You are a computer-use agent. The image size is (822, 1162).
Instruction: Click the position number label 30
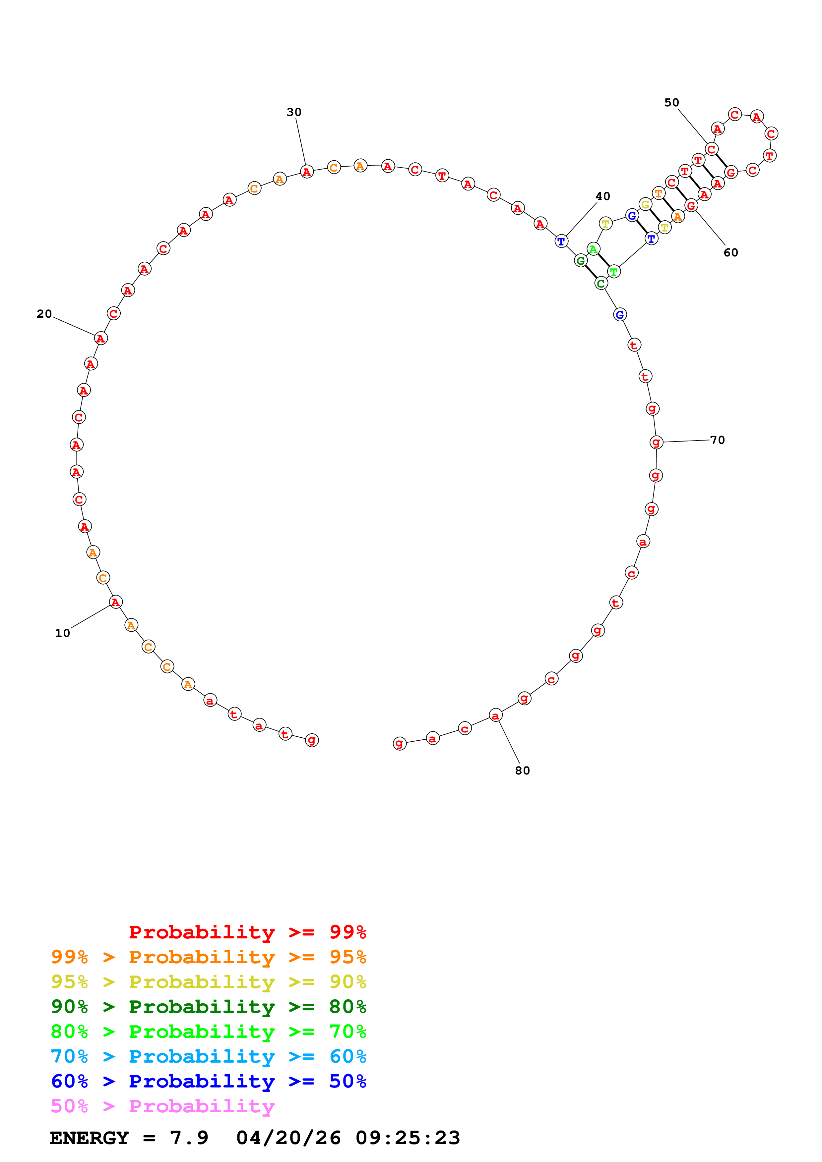click(x=294, y=112)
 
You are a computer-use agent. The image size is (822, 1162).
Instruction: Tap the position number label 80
click(x=522, y=771)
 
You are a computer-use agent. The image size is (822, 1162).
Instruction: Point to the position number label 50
click(x=671, y=103)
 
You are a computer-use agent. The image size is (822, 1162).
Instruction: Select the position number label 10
click(x=62, y=633)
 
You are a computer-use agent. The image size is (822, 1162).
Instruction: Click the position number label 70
click(x=717, y=440)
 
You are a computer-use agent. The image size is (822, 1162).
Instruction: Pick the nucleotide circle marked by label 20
click(x=101, y=339)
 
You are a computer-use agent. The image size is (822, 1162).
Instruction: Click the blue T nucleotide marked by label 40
click(x=561, y=241)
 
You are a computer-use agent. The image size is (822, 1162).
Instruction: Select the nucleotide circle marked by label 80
click(x=495, y=715)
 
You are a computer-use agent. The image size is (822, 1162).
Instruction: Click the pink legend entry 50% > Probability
click(x=162, y=1106)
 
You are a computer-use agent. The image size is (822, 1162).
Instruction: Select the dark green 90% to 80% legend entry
click(x=208, y=1007)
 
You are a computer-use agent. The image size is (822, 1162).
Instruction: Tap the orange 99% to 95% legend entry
click(x=208, y=957)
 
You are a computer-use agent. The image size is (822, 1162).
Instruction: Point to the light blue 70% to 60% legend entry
click(x=208, y=1057)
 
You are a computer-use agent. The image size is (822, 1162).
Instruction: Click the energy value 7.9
click(x=189, y=1138)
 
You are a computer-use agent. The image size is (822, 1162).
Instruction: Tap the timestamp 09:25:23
click(x=408, y=1138)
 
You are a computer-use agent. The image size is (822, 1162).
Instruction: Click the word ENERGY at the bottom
click(x=89, y=1138)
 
